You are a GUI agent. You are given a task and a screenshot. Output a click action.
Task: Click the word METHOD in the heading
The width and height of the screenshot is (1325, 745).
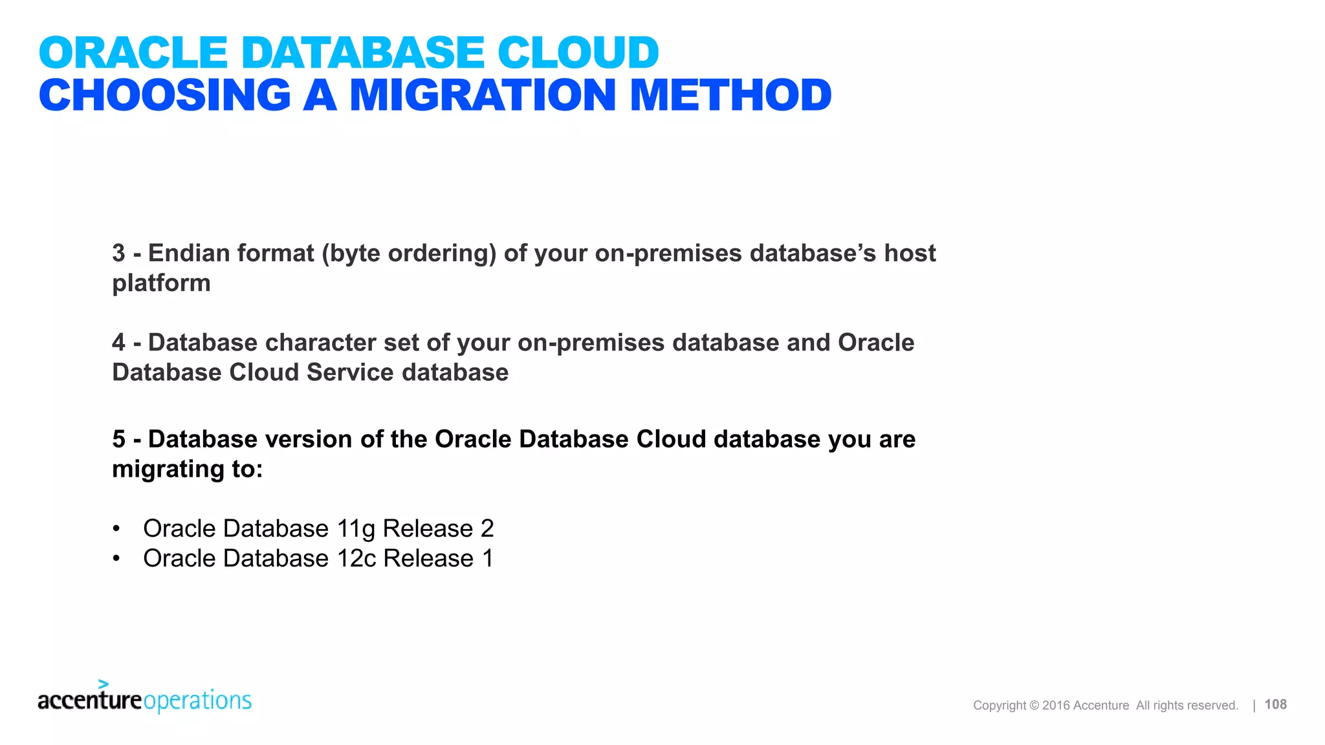click(x=730, y=96)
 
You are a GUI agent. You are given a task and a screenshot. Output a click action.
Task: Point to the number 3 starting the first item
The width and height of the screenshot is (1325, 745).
click(x=118, y=254)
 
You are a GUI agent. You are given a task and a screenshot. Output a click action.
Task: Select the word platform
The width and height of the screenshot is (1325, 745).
click(x=161, y=283)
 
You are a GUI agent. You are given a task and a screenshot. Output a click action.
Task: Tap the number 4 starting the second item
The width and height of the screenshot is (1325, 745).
click(x=118, y=343)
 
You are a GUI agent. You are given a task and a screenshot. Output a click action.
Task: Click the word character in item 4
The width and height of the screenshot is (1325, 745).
click(x=320, y=343)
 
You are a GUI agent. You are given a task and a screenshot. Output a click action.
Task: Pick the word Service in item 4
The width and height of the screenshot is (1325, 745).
click(x=350, y=372)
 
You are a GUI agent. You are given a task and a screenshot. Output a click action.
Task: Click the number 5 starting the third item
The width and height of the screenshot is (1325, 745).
click(x=118, y=439)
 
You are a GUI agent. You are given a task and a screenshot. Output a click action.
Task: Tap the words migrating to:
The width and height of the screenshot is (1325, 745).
click(x=187, y=469)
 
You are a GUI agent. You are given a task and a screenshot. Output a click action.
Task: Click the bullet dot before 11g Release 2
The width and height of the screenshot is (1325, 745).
click(x=116, y=529)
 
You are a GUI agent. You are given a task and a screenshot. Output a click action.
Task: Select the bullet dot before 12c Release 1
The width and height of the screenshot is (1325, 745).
click(x=116, y=559)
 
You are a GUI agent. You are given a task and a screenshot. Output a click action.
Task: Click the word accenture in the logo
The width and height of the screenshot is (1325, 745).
click(x=89, y=700)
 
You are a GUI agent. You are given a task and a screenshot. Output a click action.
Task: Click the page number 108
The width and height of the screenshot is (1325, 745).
click(x=1275, y=704)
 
